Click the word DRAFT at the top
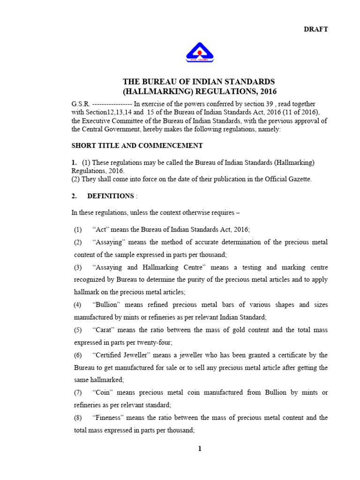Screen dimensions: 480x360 tap(316, 29)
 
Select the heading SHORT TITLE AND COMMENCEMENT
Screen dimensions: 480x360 tap(137, 145)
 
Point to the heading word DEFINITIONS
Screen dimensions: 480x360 tap(110, 196)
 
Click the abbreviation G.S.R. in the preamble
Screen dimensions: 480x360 tap(80, 104)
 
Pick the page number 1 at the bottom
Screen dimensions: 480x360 tap(200, 449)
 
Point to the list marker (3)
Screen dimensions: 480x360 tap(78, 267)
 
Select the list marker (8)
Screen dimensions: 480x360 tap(78, 417)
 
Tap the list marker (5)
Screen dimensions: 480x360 tap(78, 330)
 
